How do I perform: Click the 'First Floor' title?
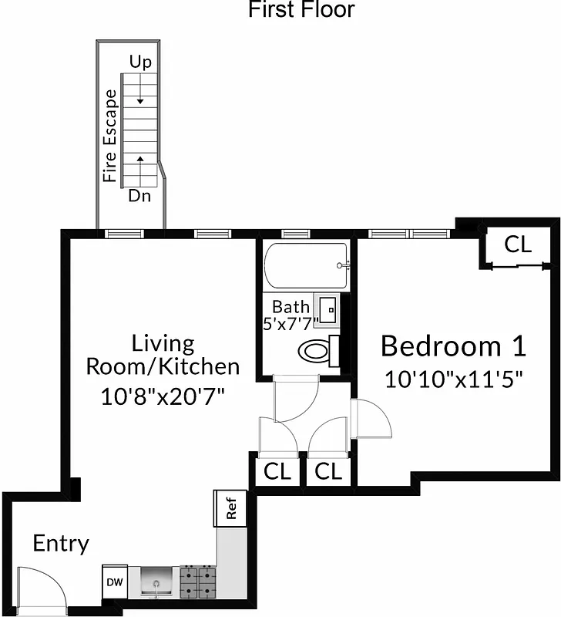(x=301, y=10)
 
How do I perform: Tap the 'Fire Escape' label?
(x=111, y=136)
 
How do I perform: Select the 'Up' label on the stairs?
(x=140, y=62)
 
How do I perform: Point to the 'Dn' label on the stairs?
(x=139, y=196)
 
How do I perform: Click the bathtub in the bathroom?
(x=306, y=265)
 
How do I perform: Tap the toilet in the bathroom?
(x=315, y=352)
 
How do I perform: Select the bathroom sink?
(x=327, y=309)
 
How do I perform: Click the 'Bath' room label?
(x=291, y=307)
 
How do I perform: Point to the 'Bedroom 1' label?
(x=453, y=346)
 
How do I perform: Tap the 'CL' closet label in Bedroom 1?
(x=518, y=244)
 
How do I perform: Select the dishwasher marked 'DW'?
(x=113, y=582)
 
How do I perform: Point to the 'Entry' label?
(x=61, y=544)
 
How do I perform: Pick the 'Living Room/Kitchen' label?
(x=162, y=354)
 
